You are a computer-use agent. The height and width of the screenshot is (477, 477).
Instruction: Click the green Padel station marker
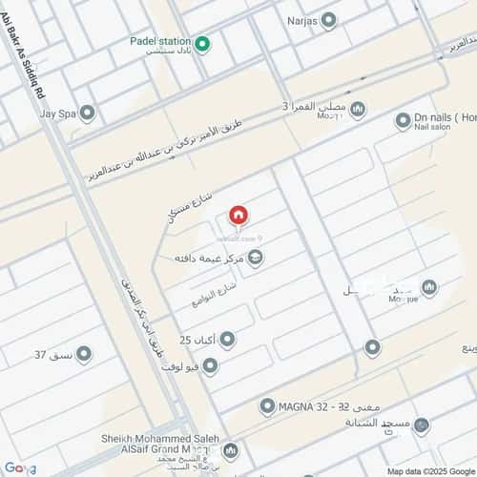click(202, 43)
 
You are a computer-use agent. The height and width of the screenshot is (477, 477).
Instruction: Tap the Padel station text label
click(161, 43)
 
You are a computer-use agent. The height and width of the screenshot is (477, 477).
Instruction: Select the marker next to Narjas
click(329, 19)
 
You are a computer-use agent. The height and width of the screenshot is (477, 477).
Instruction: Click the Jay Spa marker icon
click(88, 114)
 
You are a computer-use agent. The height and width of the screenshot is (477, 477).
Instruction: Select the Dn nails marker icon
click(403, 120)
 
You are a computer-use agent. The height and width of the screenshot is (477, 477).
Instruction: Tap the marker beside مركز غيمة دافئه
click(255, 258)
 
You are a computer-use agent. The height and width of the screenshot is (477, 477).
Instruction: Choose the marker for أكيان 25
click(227, 340)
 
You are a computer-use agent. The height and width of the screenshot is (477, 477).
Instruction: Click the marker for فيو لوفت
click(210, 364)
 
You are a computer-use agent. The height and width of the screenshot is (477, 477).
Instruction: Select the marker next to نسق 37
click(84, 354)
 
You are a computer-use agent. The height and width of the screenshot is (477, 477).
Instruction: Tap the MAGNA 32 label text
click(315, 407)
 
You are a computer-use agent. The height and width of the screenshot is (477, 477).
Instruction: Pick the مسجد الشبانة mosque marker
click(422, 425)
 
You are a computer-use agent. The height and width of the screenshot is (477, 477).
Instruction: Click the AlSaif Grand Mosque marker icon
click(229, 448)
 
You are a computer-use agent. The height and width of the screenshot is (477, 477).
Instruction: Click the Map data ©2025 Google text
click(430, 470)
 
